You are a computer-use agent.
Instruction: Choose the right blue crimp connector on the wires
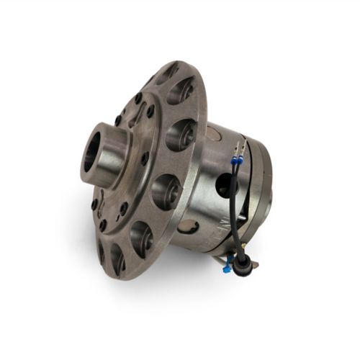tap(246, 160)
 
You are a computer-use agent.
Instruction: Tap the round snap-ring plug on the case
tap(189, 226)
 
